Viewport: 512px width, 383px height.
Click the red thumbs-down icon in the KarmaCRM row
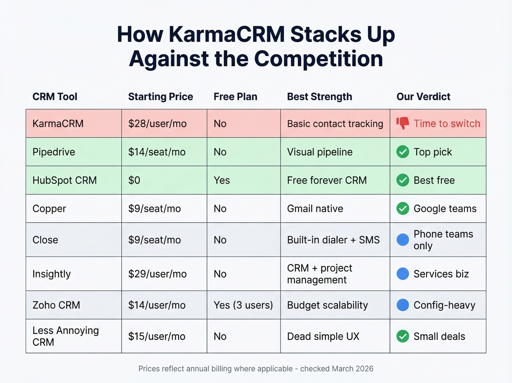403,123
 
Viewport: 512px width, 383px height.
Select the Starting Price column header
160,97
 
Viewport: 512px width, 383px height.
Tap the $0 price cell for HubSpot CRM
134,180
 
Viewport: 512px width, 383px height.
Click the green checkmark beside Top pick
403,152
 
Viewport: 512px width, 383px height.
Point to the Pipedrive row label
54,152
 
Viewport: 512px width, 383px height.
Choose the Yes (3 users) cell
243,305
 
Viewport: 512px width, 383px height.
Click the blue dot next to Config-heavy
403,305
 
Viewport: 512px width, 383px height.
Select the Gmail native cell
315,209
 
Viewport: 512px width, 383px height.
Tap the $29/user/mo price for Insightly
157,274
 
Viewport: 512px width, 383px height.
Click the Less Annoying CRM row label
65,336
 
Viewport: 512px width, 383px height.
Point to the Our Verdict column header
423,97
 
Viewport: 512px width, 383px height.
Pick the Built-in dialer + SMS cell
333,240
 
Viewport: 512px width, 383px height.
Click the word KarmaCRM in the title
226,34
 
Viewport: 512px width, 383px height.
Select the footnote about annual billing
256,369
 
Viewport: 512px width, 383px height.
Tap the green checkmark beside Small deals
403,336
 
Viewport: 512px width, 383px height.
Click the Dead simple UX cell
323,336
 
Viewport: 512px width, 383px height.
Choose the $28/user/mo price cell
157,124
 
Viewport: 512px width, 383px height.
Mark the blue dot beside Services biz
403,274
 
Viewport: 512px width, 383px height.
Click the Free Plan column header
235,97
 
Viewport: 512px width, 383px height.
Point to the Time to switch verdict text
447,124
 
